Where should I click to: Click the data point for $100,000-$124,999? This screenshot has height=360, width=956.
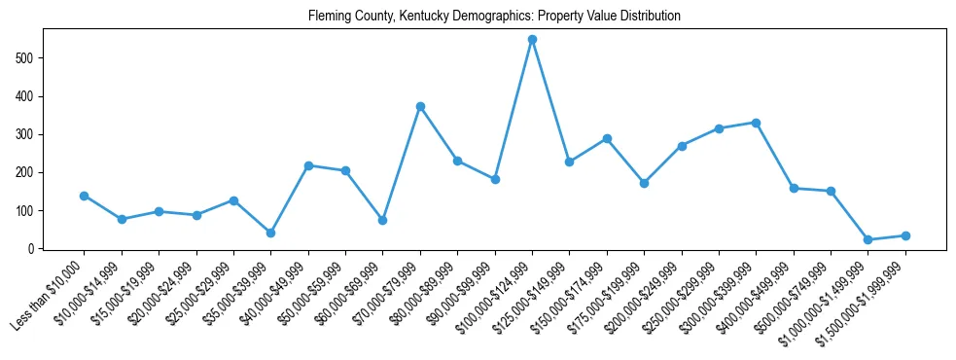(532, 40)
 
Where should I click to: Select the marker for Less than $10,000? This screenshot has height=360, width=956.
(84, 196)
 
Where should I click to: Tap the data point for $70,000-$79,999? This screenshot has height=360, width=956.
(420, 106)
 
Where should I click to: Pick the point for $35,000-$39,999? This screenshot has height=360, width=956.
(270, 233)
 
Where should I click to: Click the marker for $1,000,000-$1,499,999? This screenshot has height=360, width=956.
(867, 239)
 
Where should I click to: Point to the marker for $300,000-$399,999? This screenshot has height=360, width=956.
(756, 123)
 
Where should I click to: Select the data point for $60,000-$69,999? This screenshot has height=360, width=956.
(382, 220)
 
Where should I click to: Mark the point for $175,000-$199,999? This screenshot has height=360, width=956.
(644, 183)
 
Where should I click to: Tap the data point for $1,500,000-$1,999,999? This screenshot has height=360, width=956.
(905, 235)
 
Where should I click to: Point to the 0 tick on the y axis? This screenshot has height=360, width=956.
(32, 249)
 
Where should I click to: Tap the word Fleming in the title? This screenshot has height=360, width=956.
(328, 17)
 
